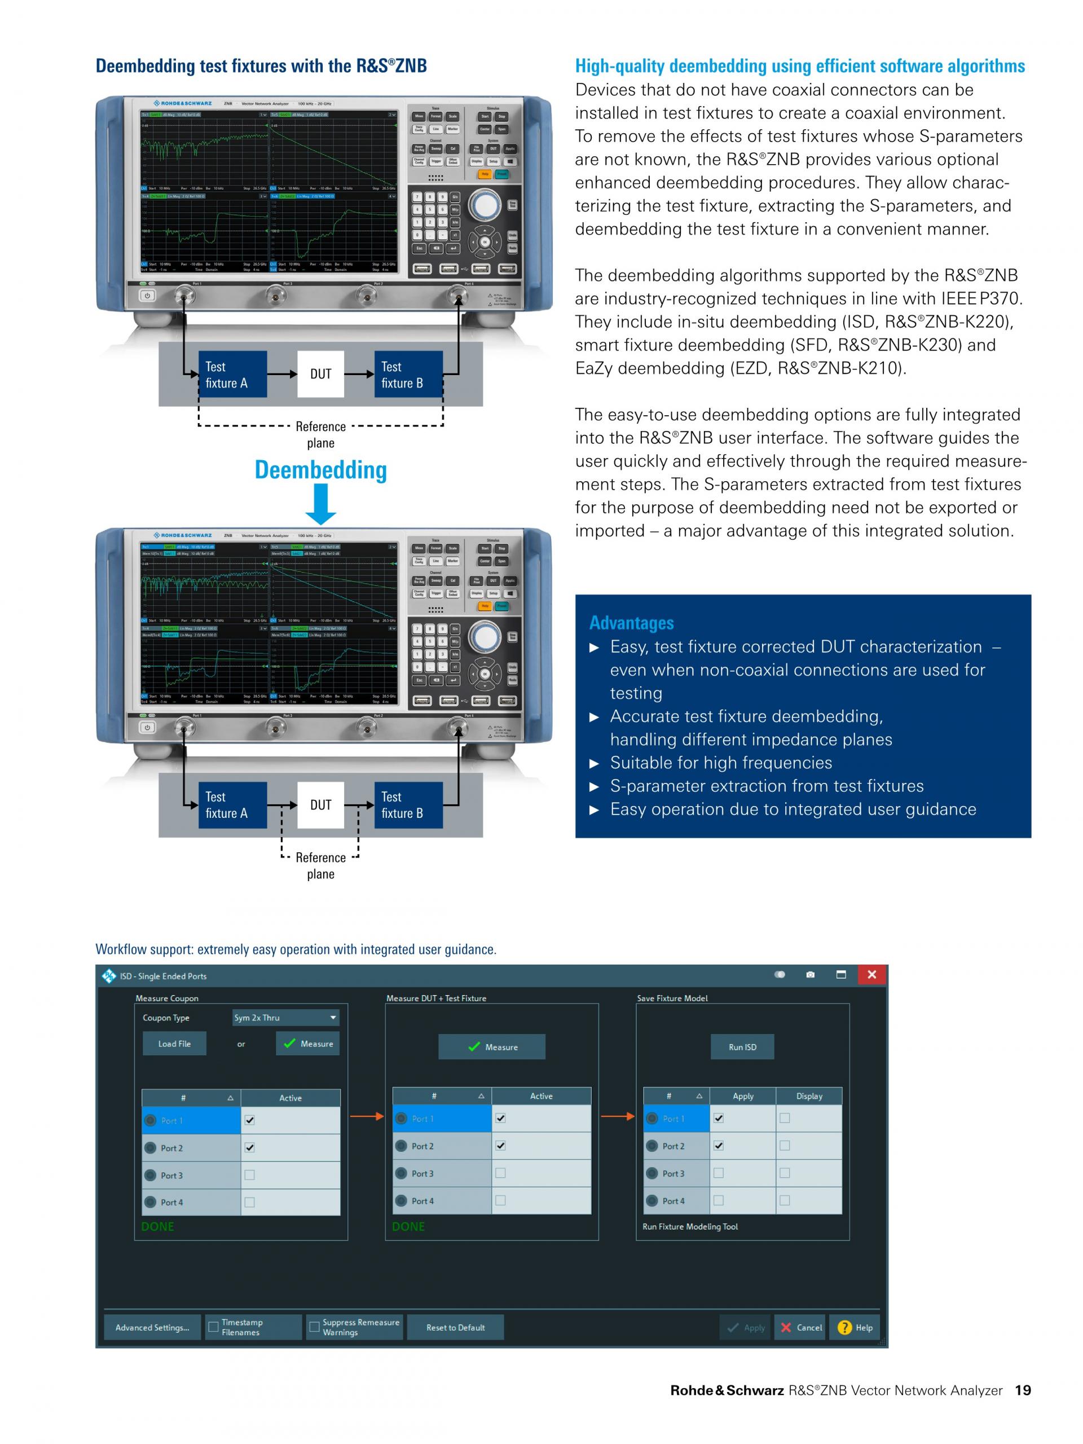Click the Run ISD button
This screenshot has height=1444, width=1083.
[x=742, y=1046]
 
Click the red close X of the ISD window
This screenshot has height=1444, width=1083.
[x=871, y=975]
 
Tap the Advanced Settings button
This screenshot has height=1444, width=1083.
[x=153, y=1327]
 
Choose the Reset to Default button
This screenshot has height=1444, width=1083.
[x=455, y=1327]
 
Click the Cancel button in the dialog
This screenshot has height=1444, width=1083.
[x=800, y=1327]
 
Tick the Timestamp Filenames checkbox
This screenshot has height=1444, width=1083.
[x=213, y=1327]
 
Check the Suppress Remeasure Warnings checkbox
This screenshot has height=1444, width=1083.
[x=315, y=1327]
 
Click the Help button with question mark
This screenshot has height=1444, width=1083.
[x=855, y=1327]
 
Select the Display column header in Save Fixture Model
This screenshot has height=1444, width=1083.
[x=809, y=1096]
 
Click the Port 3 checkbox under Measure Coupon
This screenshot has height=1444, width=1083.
[x=249, y=1175]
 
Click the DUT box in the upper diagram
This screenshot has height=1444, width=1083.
[x=320, y=374]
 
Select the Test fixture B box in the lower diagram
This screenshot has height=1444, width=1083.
[x=408, y=805]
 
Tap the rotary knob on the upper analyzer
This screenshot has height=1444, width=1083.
[x=485, y=206]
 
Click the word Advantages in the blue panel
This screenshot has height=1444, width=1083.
[x=631, y=623]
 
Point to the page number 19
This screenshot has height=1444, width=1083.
[x=1022, y=1390]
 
